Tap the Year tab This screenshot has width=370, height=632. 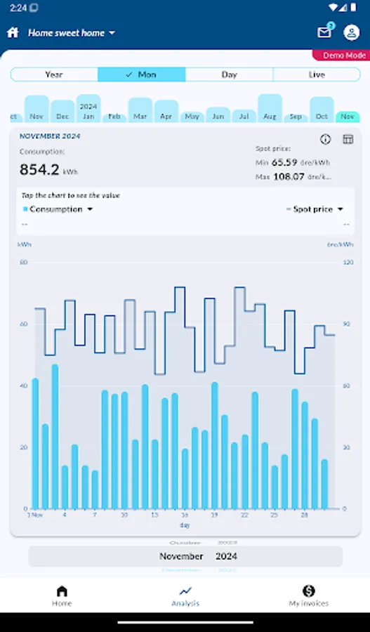(54, 74)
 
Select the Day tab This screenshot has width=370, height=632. (229, 74)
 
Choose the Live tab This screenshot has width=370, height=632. (317, 74)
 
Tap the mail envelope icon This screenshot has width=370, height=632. (324, 32)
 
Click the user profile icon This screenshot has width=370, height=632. (352, 32)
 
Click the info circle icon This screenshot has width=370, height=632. (325, 140)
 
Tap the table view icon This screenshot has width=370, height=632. (348, 140)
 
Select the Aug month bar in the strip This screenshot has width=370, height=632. (270, 109)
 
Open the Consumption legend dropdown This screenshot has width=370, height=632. (58, 209)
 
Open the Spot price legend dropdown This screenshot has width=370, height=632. (315, 209)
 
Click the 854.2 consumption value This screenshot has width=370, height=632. (40, 169)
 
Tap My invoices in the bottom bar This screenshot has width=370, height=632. (308, 595)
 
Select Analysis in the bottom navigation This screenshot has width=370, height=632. (185, 595)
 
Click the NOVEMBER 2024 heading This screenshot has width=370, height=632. (50, 136)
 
